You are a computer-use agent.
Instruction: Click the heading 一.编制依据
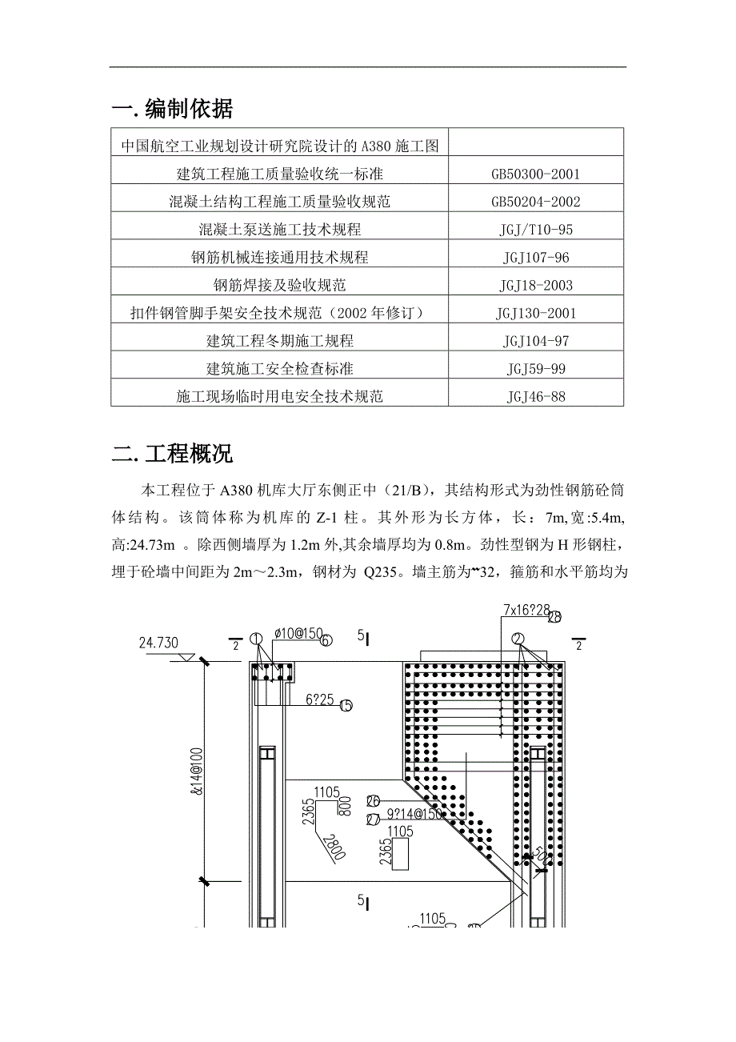click(173, 109)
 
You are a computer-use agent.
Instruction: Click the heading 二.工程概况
click(173, 455)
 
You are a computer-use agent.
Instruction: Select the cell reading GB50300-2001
click(535, 174)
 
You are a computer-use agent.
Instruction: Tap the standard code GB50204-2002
click(535, 202)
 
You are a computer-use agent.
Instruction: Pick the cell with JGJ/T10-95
click(535, 230)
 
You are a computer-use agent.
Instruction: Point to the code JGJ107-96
click(535, 258)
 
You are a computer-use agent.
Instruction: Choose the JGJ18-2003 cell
click(535, 286)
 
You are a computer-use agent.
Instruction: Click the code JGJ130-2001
click(535, 314)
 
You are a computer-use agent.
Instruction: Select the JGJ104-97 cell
click(535, 342)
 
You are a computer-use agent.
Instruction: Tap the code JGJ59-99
click(535, 370)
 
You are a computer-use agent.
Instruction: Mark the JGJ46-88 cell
click(535, 397)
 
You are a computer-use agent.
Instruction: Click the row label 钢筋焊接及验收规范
click(280, 286)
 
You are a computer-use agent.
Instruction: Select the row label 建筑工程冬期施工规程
click(280, 342)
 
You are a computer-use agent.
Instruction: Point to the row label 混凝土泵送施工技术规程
click(280, 230)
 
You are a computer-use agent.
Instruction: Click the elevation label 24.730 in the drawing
click(158, 642)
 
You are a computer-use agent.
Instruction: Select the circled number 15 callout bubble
click(346, 705)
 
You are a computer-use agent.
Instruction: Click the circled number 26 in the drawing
click(373, 800)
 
